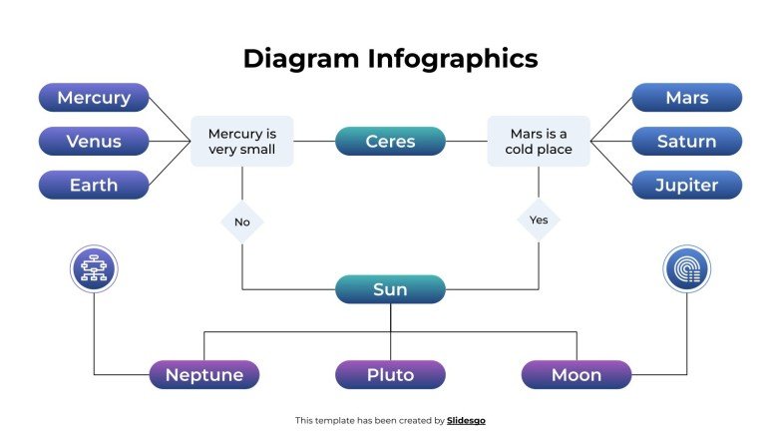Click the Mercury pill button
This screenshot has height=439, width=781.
(x=94, y=98)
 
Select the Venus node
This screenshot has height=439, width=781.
(x=94, y=141)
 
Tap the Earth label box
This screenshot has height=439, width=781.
(x=94, y=185)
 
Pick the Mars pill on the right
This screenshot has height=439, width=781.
(x=687, y=98)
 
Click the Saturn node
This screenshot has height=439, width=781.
(x=687, y=141)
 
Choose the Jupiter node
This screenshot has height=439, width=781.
(x=687, y=185)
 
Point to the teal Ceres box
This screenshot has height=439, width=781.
(x=390, y=141)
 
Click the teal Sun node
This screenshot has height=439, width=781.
(x=390, y=289)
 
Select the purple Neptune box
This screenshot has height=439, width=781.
(x=204, y=375)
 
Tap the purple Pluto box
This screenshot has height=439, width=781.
(x=390, y=375)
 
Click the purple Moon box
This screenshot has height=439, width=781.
(x=577, y=375)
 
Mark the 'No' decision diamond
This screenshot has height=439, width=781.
(x=242, y=221)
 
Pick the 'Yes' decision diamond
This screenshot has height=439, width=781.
(x=539, y=219)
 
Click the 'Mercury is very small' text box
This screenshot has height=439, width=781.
(x=242, y=141)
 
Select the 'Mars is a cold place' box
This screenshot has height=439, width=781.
(x=539, y=141)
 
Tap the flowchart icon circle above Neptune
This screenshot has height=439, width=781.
(x=95, y=269)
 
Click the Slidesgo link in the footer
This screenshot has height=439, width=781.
(x=466, y=421)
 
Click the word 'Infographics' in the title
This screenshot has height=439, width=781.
(x=454, y=59)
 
